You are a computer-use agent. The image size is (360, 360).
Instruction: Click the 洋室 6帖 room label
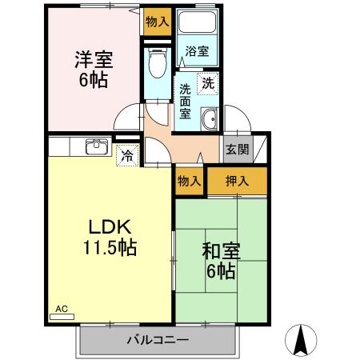click(94, 70)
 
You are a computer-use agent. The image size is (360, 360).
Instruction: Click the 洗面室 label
click(185, 101)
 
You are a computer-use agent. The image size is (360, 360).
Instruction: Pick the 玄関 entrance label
click(237, 149)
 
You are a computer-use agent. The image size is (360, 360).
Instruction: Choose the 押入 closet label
click(237, 181)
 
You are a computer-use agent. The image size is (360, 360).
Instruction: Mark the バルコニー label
click(158, 340)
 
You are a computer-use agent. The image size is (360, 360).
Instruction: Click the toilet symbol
click(157, 63)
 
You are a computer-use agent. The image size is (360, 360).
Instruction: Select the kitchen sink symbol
click(97, 146)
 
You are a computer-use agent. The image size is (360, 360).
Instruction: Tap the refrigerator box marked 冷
click(126, 155)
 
